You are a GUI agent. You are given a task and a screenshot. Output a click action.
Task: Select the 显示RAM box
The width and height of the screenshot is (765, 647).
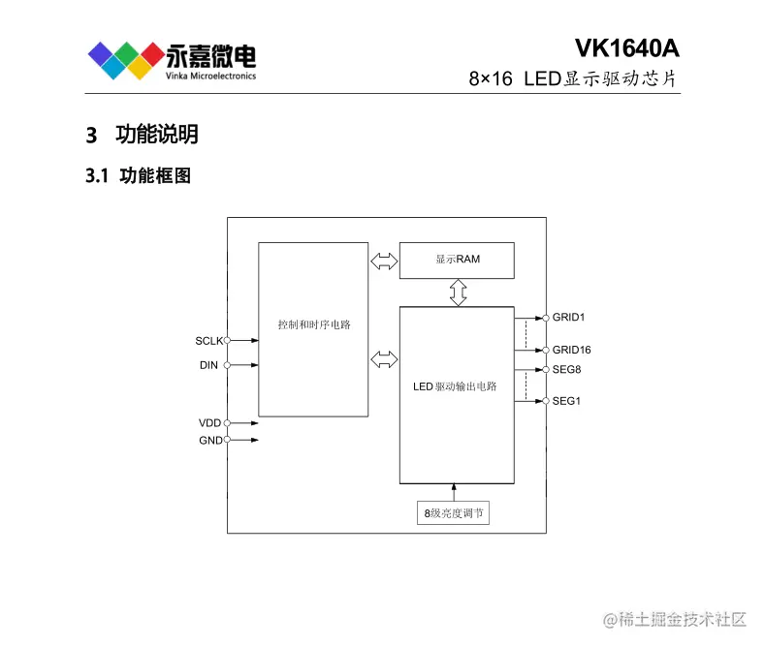[457, 260]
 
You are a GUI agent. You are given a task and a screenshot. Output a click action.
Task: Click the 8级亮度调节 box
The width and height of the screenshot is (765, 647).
[452, 513]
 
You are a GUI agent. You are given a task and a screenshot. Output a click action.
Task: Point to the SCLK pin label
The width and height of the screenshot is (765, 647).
[208, 341]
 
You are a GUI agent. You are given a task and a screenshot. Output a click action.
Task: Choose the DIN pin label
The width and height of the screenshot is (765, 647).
[208, 365]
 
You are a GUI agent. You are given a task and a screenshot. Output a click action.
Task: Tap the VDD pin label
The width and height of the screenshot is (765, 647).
[208, 423]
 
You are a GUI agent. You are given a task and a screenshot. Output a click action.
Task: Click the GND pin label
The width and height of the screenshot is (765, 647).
[208, 441]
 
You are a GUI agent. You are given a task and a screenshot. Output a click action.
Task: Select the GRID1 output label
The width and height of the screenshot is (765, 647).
[570, 317]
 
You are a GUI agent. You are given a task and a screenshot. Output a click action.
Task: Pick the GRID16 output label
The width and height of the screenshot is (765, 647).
[572, 350]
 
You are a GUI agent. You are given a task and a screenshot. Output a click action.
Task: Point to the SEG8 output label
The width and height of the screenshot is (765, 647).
[567, 370]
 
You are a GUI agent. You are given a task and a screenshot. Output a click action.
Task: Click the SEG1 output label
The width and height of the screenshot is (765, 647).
[567, 401]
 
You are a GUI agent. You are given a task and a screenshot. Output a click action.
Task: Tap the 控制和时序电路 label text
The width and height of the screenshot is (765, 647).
[313, 324]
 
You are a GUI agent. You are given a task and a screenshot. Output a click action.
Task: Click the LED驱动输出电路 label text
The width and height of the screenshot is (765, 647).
[455, 386]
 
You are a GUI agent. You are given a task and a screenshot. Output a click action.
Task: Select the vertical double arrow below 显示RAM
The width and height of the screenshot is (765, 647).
[458, 292]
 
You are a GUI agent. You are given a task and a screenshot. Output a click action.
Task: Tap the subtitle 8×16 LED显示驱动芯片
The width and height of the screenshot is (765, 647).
[572, 78]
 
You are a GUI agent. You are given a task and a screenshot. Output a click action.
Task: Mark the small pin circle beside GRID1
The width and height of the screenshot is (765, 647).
[546, 317]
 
